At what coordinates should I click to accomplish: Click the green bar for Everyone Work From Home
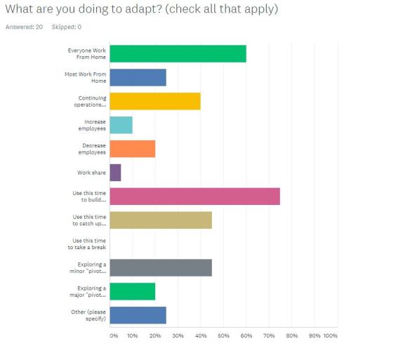point(178,53)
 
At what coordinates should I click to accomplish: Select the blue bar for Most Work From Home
point(138,77)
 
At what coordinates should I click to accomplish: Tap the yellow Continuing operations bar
point(155,101)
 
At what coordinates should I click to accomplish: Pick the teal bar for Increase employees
point(121,125)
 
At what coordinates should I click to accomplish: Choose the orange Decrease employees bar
point(132,149)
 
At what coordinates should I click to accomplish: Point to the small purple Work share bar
point(115,173)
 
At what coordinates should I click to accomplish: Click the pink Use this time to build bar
point(194,196)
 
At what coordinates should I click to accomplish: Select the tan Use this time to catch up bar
point(161,220)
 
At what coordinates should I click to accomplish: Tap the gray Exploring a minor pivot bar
point(161,267)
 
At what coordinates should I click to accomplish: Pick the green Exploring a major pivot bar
point(132,291)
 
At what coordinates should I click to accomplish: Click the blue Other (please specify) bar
point(138,315)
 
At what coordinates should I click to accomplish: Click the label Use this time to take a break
point(89,244)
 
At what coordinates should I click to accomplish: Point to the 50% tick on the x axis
point(223,336)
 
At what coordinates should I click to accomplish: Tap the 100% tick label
point(331,336)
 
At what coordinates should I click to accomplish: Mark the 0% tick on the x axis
point(114,336)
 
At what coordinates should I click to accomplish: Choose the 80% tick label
point(291,336)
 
